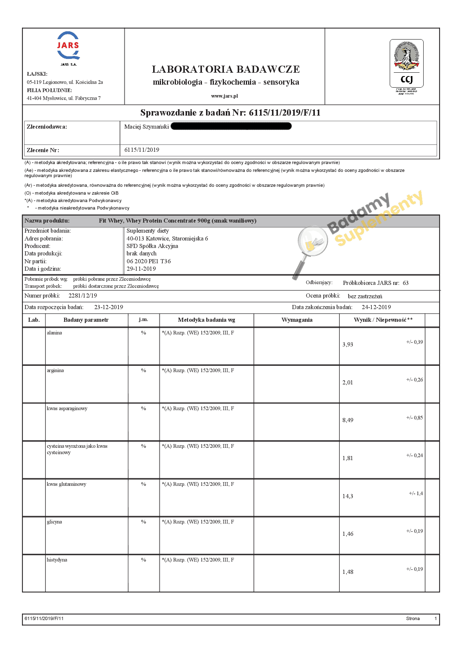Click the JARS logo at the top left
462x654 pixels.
point(68,46)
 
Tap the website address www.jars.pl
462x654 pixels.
point(224,96)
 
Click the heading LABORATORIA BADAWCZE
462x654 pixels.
point(225,69)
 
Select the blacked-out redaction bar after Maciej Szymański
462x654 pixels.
point(231,126)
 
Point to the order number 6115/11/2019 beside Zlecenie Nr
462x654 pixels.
point(142,150)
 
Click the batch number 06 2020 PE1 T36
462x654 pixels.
point(149,261)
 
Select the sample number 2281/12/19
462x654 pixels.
point(83,296)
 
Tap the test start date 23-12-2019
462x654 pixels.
point(108,307)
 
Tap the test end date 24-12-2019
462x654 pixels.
point(376,307)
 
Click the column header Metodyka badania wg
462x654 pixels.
point(206,320)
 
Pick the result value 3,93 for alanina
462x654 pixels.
point(348,345)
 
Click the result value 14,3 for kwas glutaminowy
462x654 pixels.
point(348,496)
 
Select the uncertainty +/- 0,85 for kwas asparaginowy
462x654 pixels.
point(414,418)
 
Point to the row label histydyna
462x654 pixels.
point(57,560)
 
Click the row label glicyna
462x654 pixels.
point(54,522)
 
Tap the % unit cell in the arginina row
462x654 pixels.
point(143,370)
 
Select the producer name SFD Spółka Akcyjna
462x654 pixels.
point(152,246)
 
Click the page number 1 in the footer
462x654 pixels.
point(436,619)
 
